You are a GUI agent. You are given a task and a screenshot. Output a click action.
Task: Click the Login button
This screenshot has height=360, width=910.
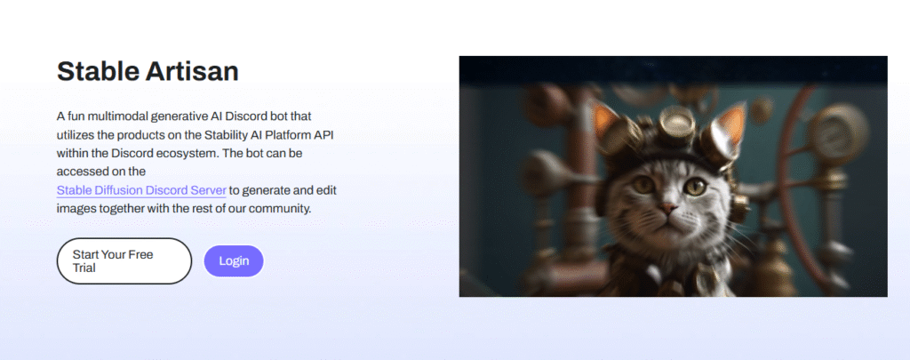(234, 260)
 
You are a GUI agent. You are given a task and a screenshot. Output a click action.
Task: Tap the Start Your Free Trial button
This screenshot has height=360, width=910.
(124, 260)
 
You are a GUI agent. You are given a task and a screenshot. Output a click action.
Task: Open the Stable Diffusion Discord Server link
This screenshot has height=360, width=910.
(141, 190)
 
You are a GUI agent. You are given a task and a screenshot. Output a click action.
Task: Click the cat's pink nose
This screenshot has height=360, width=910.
(667, 208)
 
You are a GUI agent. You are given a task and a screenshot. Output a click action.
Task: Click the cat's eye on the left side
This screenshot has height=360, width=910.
(643, 185)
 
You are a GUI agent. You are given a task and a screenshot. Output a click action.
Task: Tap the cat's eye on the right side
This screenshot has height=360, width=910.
(695, 187)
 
